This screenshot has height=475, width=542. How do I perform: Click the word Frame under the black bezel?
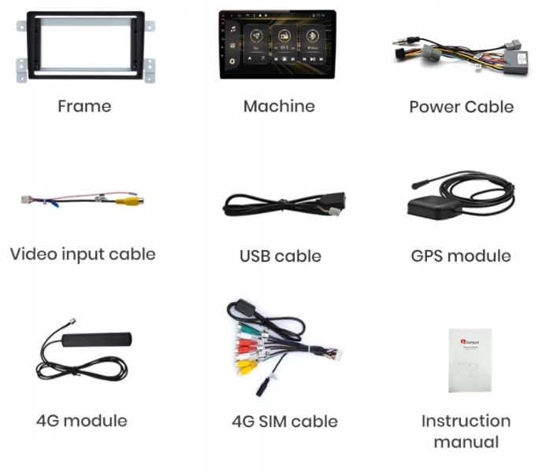tap(84, 106)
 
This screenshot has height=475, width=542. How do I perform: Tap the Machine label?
tap(279, 106)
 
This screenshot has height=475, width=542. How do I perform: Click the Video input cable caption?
tap(83, 254)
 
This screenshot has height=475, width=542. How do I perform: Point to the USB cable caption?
tap(280, 256)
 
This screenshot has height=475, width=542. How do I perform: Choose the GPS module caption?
tap(461, 256)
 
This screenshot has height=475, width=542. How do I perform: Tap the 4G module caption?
tap(81, 420)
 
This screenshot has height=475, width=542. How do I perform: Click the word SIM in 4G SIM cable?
tap(274, 422)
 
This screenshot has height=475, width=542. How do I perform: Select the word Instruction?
tap(466, 421)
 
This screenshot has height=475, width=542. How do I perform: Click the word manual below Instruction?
tap(466, 442)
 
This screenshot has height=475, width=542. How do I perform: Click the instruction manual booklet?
tap(470, 359)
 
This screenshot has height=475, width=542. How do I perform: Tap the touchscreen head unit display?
tap(277, 44)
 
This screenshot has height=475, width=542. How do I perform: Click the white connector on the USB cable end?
tap(336, 212)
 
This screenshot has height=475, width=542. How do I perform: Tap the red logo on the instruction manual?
tap(463, 341)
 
